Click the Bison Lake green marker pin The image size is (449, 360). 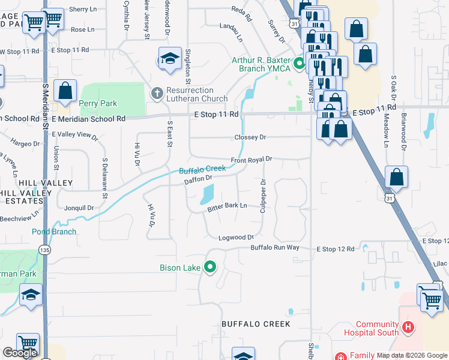tap(210, 267)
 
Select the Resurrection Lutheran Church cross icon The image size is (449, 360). tap(157, 93)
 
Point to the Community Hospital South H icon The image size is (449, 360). tap(408, 327)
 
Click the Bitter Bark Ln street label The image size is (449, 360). tap(228, 206)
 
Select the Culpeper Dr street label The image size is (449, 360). tap(263, 196)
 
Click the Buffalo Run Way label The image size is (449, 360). tap(275, 247)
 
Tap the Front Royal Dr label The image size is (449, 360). tap(252, 160)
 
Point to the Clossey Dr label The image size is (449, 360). tap(250, 137)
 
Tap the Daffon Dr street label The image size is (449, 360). tap(198, 179)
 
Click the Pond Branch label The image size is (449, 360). tap(54, 232)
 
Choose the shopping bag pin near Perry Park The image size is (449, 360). tap(65, 91)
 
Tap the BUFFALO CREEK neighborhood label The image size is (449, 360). tap(256, 324)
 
